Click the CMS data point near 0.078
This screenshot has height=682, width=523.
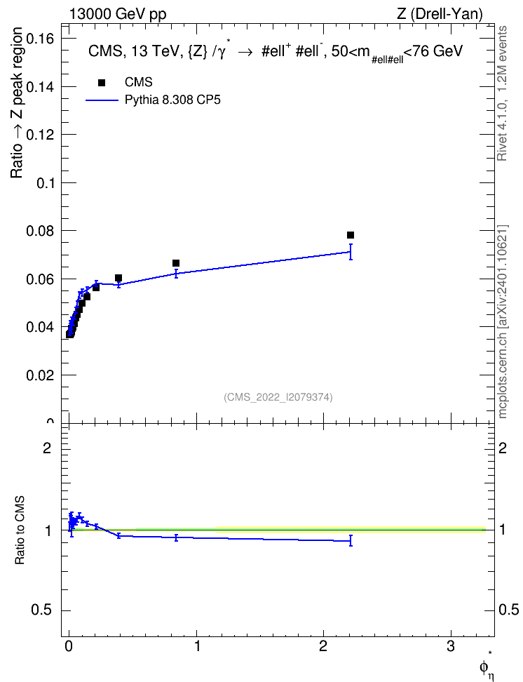(351, 235)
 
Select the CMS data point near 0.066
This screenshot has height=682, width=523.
(176, 263)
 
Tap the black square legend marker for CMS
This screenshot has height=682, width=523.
(102, 83)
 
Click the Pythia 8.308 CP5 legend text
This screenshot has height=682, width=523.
(172, 100)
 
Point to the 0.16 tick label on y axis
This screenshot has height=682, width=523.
(41, 39)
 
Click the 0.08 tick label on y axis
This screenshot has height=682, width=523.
(41, 231)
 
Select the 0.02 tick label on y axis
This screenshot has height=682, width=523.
(41, 375)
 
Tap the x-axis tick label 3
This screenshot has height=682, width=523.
(450, 646)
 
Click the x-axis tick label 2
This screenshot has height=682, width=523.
(323, 646)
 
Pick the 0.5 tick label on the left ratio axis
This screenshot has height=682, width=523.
(42, 610)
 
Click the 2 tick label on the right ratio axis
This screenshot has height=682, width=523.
(503, 448)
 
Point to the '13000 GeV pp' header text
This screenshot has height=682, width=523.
(117, 14)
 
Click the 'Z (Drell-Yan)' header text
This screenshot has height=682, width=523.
(440, 14)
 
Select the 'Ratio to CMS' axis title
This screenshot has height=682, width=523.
(20, 530)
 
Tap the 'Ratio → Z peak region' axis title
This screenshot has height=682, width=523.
(17, 102)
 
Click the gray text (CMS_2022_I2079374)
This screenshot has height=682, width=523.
(278, 397)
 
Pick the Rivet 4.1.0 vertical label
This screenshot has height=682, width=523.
(503, 93)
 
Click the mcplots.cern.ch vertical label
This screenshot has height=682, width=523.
(503, 321)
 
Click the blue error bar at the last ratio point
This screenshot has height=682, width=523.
(351, 541)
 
